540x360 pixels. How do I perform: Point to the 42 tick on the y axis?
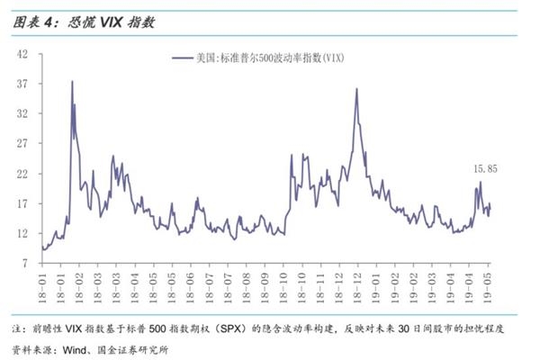(x=23, y=54)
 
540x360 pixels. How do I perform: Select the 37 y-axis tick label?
(x=23, y=84)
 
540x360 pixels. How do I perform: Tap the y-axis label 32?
(x=23, y=114)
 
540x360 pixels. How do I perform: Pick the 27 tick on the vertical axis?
(x=23, y=144)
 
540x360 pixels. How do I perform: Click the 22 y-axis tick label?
(x=23, y=175)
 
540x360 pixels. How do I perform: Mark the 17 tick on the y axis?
(x=23, y=204)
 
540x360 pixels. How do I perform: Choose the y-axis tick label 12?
(x=23, y=234)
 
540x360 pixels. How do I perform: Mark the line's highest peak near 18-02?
(x=72, y=82)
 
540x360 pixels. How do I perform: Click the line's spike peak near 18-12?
(x=356, y=88)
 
